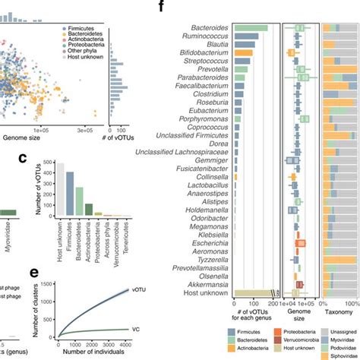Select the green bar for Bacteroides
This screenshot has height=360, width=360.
tap(251, 28)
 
